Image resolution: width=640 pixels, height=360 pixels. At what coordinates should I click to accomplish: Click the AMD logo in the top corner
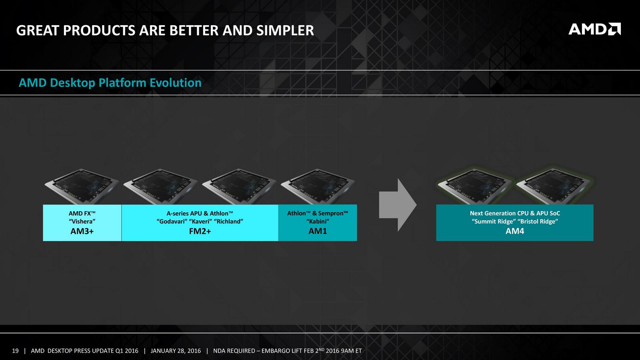[x=594, y=29]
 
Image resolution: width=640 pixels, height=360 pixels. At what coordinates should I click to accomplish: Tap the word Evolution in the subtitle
[x=176, y=83]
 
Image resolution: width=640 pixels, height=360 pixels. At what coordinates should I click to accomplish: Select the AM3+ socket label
[x=82, y=231]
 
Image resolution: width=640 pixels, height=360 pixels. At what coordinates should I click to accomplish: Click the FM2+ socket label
[x=200, y=231]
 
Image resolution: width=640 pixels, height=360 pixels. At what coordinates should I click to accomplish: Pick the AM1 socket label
[x=318, y=231]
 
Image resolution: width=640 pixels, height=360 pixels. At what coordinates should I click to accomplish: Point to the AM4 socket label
[x=515, y=231]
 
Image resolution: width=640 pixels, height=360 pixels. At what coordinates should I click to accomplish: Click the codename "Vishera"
[x=82, y=222]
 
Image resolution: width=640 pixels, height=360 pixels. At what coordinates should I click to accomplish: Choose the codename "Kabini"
[x=318, y=222]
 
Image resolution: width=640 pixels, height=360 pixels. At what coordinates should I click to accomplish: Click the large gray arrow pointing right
[x=398, y=205]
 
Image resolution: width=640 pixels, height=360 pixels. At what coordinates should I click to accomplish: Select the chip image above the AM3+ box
[x=82, y=186]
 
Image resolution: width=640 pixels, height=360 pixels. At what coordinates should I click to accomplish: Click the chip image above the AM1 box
[x=318, y=186]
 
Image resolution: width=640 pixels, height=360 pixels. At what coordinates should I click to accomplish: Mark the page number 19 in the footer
[x=15, y=351]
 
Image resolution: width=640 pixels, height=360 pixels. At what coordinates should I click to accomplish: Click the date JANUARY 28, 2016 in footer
[x=176, y=351]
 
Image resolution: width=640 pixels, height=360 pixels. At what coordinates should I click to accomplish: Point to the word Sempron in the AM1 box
[x=333, y=214]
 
